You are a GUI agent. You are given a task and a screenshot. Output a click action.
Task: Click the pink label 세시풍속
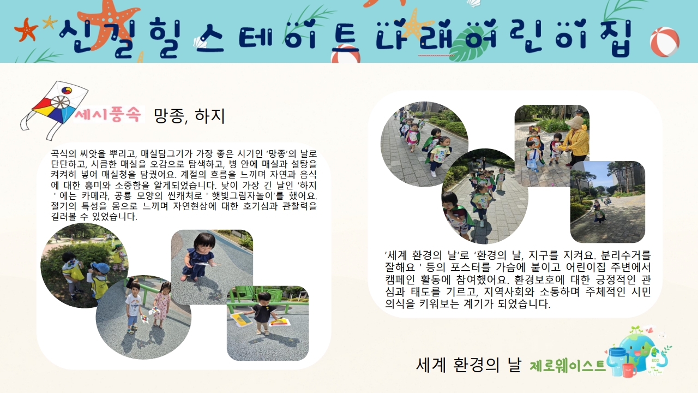click(x=109, y=115)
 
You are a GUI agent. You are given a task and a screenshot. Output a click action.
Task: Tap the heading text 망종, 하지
click(x=189, y=116)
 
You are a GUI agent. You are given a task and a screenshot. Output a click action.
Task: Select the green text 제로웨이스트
click(x=568, y=366)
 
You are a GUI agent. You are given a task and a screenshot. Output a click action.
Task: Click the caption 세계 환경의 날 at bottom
click(x=468, y=365)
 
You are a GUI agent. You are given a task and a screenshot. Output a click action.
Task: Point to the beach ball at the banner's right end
click(x=665, y=41)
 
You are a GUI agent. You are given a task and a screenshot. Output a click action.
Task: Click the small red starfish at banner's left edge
click(x=26, y=30)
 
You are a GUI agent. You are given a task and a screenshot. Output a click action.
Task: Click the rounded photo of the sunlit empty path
click(x=607, y=202)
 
